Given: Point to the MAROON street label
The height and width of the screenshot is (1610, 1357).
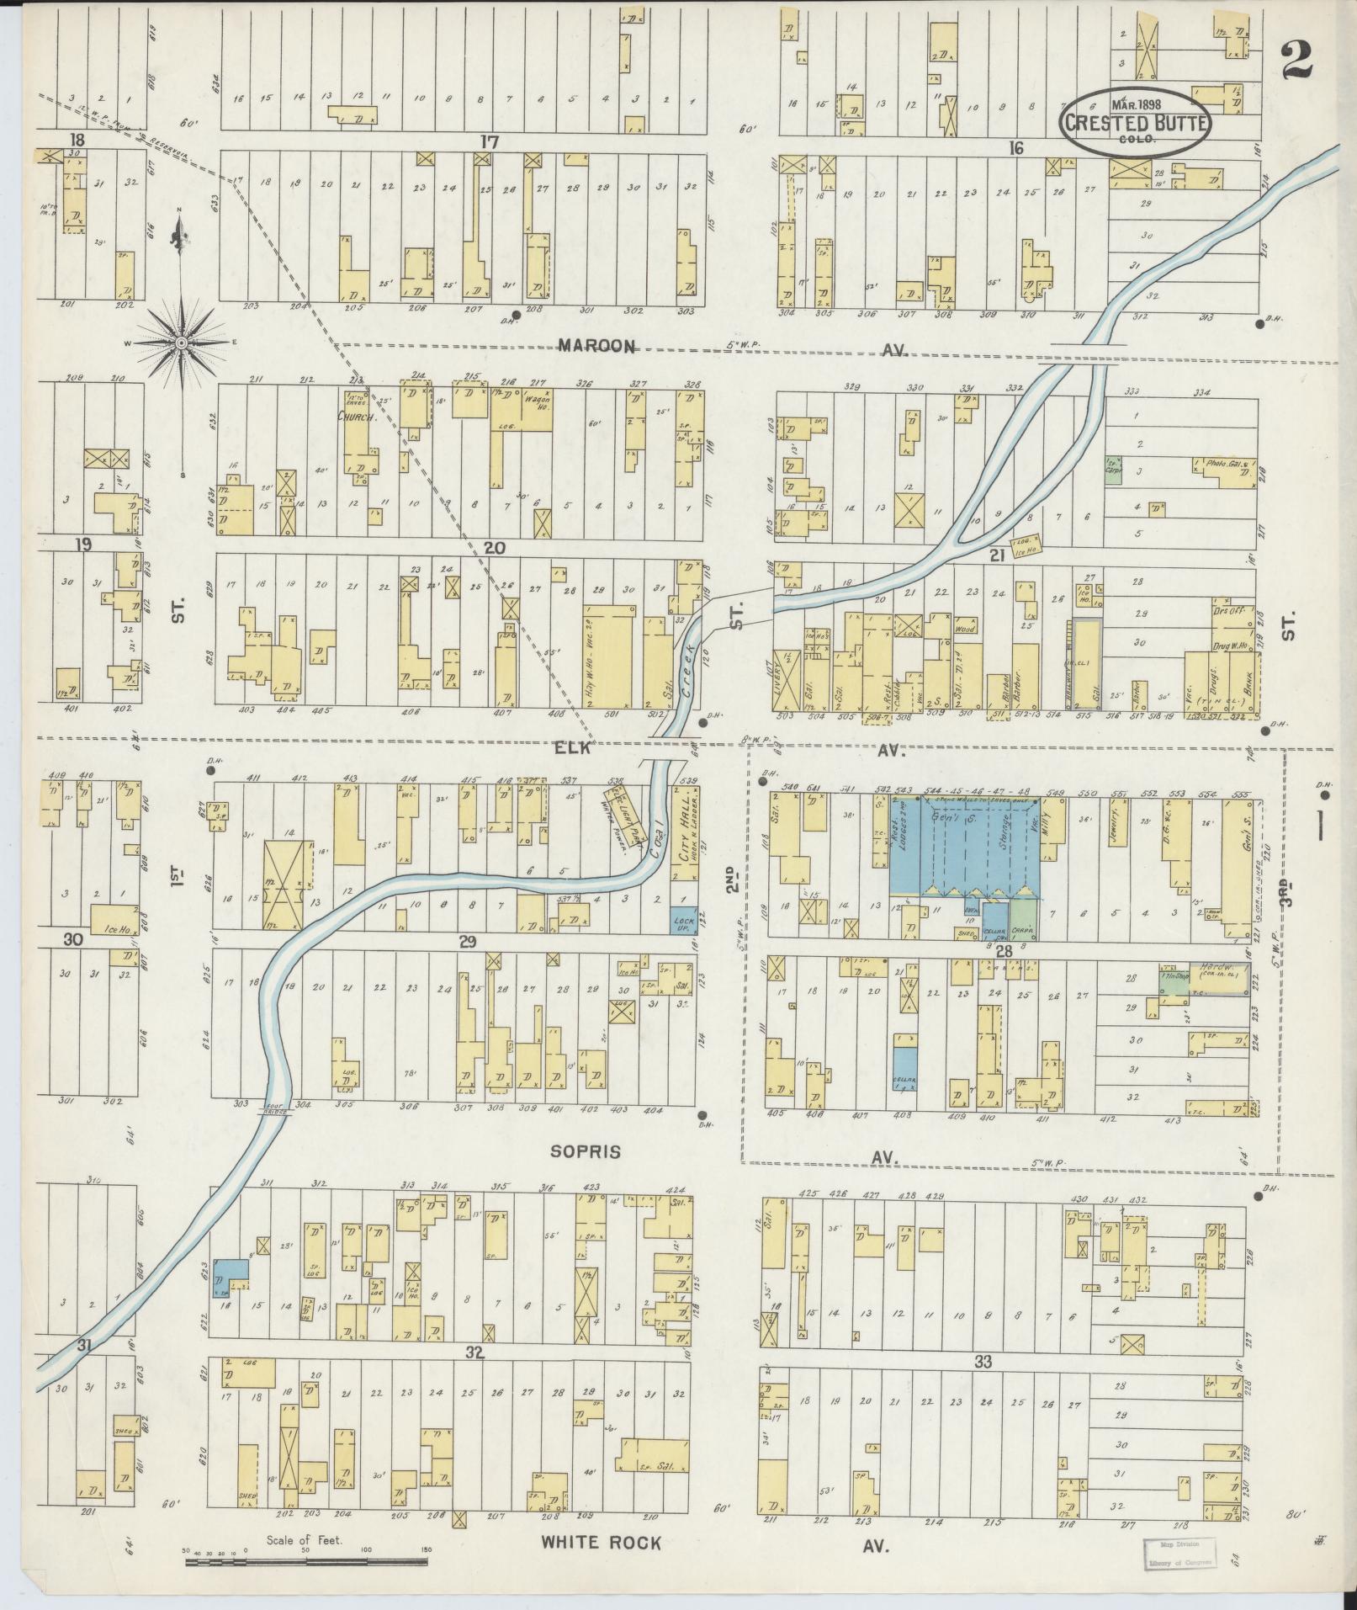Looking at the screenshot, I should pos(596,346).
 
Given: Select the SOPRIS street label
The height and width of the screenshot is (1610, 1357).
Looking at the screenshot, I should pos(586,1151).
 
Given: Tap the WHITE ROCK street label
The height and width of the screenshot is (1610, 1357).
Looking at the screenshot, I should pos(602,1542).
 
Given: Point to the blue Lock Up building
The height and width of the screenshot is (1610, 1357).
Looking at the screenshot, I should pos(683,923).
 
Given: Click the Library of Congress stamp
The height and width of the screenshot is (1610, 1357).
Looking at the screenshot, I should pos(1177,1553).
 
